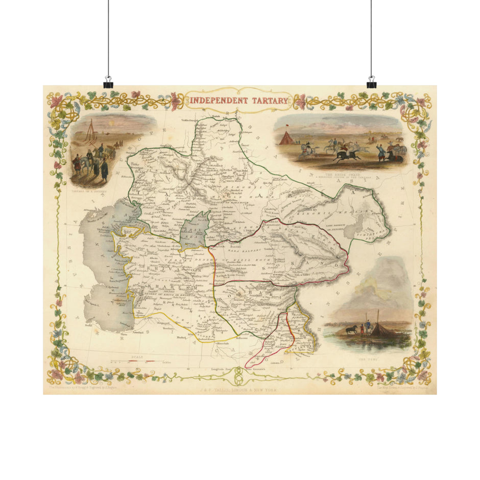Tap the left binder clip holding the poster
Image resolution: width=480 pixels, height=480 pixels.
point(108,83)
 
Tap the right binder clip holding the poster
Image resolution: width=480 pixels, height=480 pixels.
point(371,83)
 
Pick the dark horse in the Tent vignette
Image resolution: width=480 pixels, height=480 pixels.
point(352,329)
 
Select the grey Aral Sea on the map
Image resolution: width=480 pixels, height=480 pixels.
point(194,230)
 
